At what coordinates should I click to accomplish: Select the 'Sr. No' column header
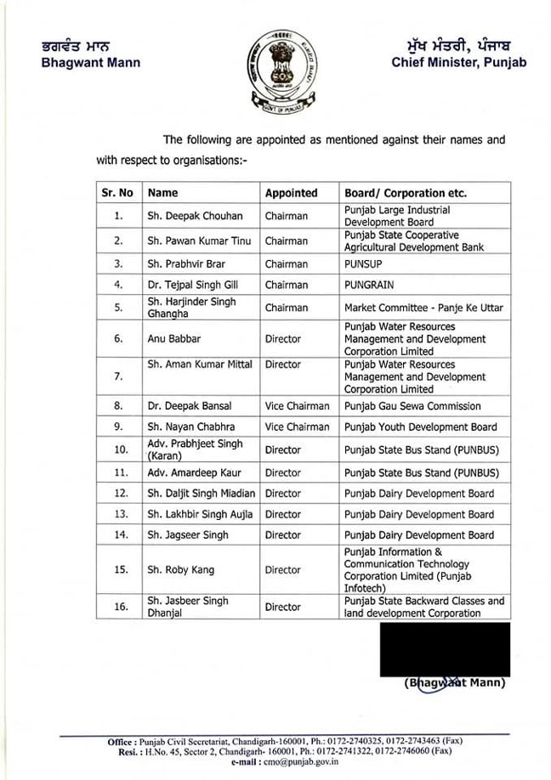tap(117, 193)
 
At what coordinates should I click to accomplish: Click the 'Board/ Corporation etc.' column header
tap(405, 193)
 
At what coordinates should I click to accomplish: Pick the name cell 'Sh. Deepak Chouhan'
tap(194, 217)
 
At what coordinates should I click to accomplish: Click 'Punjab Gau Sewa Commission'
tap(412, 406)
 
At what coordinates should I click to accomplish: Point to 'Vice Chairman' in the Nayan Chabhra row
tap(297, 427)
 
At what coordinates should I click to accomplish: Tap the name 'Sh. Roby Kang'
tap(180, 570)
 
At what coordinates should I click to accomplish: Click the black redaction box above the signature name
tap(445, 649)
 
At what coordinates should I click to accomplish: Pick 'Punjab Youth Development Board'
tap(420, 427)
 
